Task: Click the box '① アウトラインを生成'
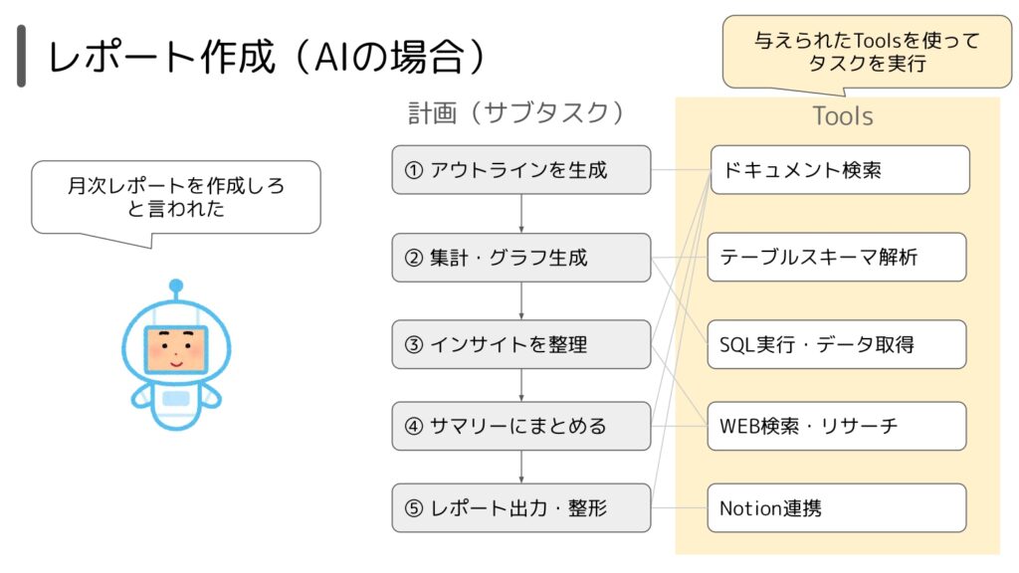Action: (x=521, y=169)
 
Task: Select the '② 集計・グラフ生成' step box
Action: (x=521, y=258)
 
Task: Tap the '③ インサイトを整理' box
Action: (x=521, y=344)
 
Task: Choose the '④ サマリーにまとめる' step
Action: (x=521, y=426)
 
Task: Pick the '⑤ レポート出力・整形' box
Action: (x=521, y=508)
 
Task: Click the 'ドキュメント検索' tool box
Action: (x=840, y=169)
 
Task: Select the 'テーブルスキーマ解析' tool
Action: (x=837, y=258)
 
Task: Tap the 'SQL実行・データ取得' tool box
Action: (x=837, y=344)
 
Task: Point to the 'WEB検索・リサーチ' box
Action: (x=837, y=426)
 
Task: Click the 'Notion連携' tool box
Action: (x=837, y=508)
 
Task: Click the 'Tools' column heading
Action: (x=843, y=116)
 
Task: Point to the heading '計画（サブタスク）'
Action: (x=516, y=113)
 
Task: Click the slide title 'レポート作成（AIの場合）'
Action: (x=267, y=57)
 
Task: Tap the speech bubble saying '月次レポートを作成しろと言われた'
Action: (x=176, y=198)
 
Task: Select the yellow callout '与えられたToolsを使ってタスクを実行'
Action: (x=867, y=52)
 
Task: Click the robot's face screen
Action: (x=176, y=349)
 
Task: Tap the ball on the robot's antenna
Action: (x=176, y=286)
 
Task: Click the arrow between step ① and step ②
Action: (x=521, y=214)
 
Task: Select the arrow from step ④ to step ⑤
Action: (x=521, y=468)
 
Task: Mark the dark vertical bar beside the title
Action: (x=22, y=56)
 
